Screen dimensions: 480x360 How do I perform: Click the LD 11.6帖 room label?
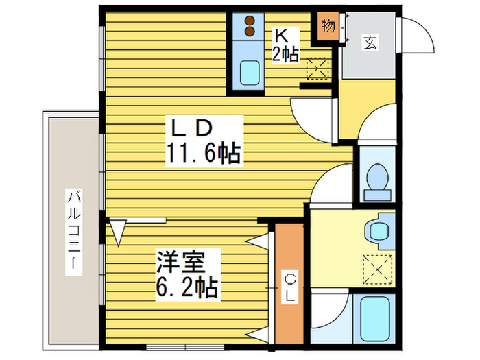204,141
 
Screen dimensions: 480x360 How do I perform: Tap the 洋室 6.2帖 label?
188,274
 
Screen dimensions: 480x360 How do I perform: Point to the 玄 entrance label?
370,43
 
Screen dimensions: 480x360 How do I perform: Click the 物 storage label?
328,26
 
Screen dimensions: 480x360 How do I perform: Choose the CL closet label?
290,288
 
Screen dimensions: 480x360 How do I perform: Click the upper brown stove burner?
250,21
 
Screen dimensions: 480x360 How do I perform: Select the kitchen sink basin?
250,73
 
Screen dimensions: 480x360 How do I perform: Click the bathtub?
374,320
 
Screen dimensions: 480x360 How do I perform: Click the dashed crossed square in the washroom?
377,269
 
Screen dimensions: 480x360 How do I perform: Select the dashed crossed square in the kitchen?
317,69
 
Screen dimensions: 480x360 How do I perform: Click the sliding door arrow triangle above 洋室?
118,232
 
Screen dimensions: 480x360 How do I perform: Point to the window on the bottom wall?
185,347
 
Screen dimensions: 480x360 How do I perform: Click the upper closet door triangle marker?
257,240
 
